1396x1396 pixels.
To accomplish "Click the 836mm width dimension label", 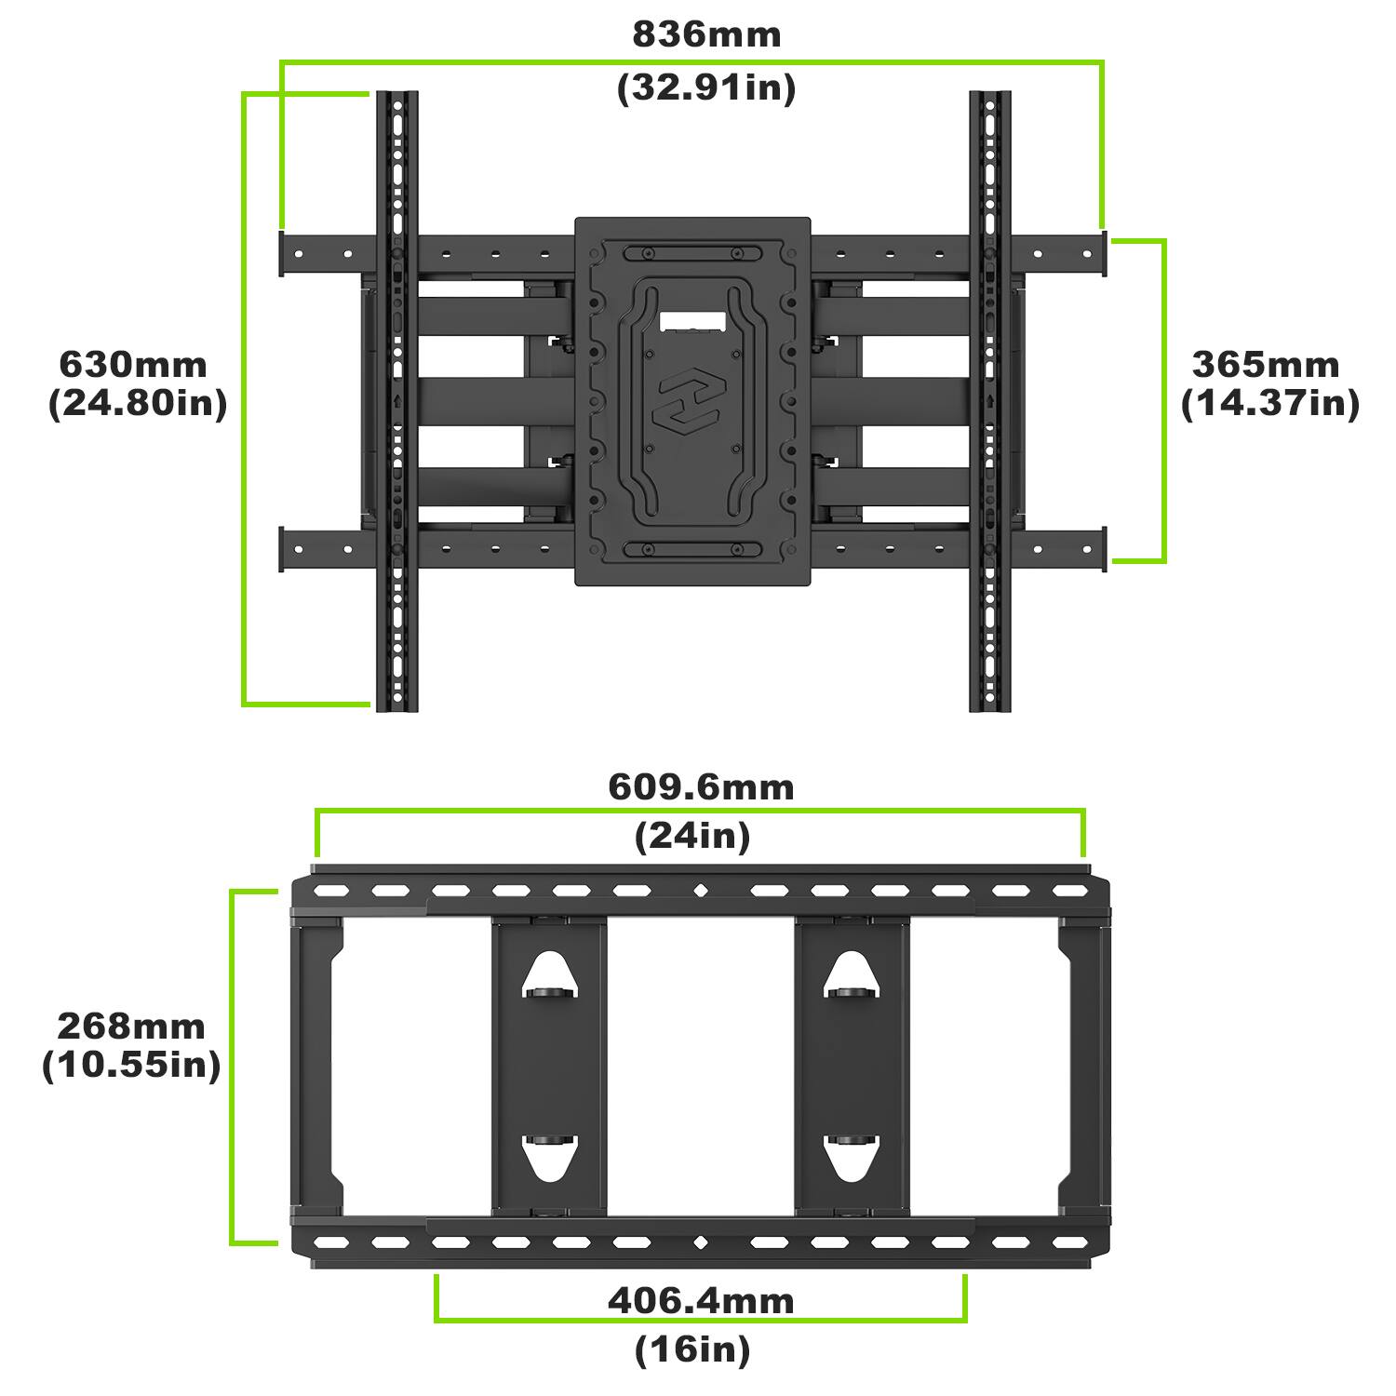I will click(x=706, y=34).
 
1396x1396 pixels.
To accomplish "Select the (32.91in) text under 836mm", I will click(x=706, y=88).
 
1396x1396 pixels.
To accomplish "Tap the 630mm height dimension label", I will click(x=133, y=364).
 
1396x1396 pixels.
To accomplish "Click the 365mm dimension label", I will click(x=1266, y=364).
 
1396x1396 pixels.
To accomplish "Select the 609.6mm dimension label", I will click(x=701, y=787).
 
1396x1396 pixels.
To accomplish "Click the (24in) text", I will click(x=692, y=837).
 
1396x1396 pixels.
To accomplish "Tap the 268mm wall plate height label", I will click(x=131, y=1026).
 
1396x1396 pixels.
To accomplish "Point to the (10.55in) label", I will click(x=131, y=1065).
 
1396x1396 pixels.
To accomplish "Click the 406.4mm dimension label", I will click(x=701, y=1300).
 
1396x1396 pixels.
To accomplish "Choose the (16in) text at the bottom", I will click(x=692, y=1349).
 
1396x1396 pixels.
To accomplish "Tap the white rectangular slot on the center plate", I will click(x=692, y=319).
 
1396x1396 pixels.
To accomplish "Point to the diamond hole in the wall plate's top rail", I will click(x=700, y=892).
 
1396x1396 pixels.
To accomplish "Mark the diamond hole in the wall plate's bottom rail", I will click(x=700, y=1242).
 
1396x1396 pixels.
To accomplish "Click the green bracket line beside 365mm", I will click(x=1163, y=400).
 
